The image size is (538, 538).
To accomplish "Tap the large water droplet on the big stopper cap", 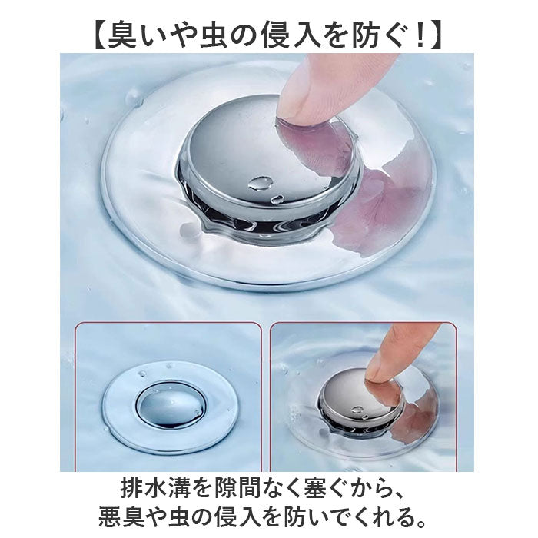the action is pos(261,184).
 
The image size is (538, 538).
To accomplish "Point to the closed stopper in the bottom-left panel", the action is pos(171,410).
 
